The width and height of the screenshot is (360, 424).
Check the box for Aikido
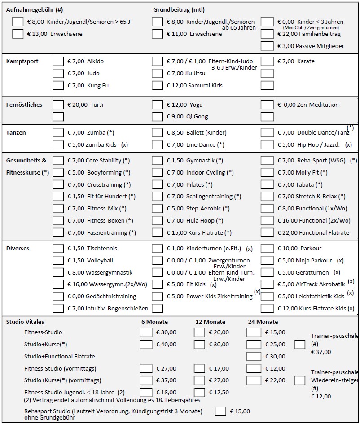tap(58, 61)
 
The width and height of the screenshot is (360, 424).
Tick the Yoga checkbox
tap(157, 105)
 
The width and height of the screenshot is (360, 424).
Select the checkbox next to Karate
tap(267, 61)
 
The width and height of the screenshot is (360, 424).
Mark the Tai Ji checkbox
tap(58, 105)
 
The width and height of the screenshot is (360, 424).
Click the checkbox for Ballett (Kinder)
tap(157, 133)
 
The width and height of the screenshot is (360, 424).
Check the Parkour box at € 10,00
tap(267, 249)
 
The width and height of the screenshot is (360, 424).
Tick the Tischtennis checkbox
tap(58, 249)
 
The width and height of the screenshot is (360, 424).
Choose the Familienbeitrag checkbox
tap(267, 34)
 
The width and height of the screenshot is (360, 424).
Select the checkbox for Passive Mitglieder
tap(267, 46)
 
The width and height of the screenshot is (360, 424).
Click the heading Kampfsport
tap(22, 61)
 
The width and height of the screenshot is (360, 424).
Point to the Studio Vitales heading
tap(25, 322)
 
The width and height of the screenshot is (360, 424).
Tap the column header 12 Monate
tap(210, 322)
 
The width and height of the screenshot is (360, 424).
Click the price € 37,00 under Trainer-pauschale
tap(321, 352)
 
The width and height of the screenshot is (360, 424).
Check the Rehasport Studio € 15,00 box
tap(220, 411)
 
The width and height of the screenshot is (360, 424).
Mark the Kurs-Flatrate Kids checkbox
tap(267, 308)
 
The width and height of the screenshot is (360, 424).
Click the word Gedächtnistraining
tap(111, 297)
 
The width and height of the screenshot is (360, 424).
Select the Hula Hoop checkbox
tap(157, 221)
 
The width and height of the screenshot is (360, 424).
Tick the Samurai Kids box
tap(157, 86)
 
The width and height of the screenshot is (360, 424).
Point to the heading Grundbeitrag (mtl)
tap(179, 10)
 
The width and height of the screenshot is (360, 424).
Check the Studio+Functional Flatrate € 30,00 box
tap(254, 357)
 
